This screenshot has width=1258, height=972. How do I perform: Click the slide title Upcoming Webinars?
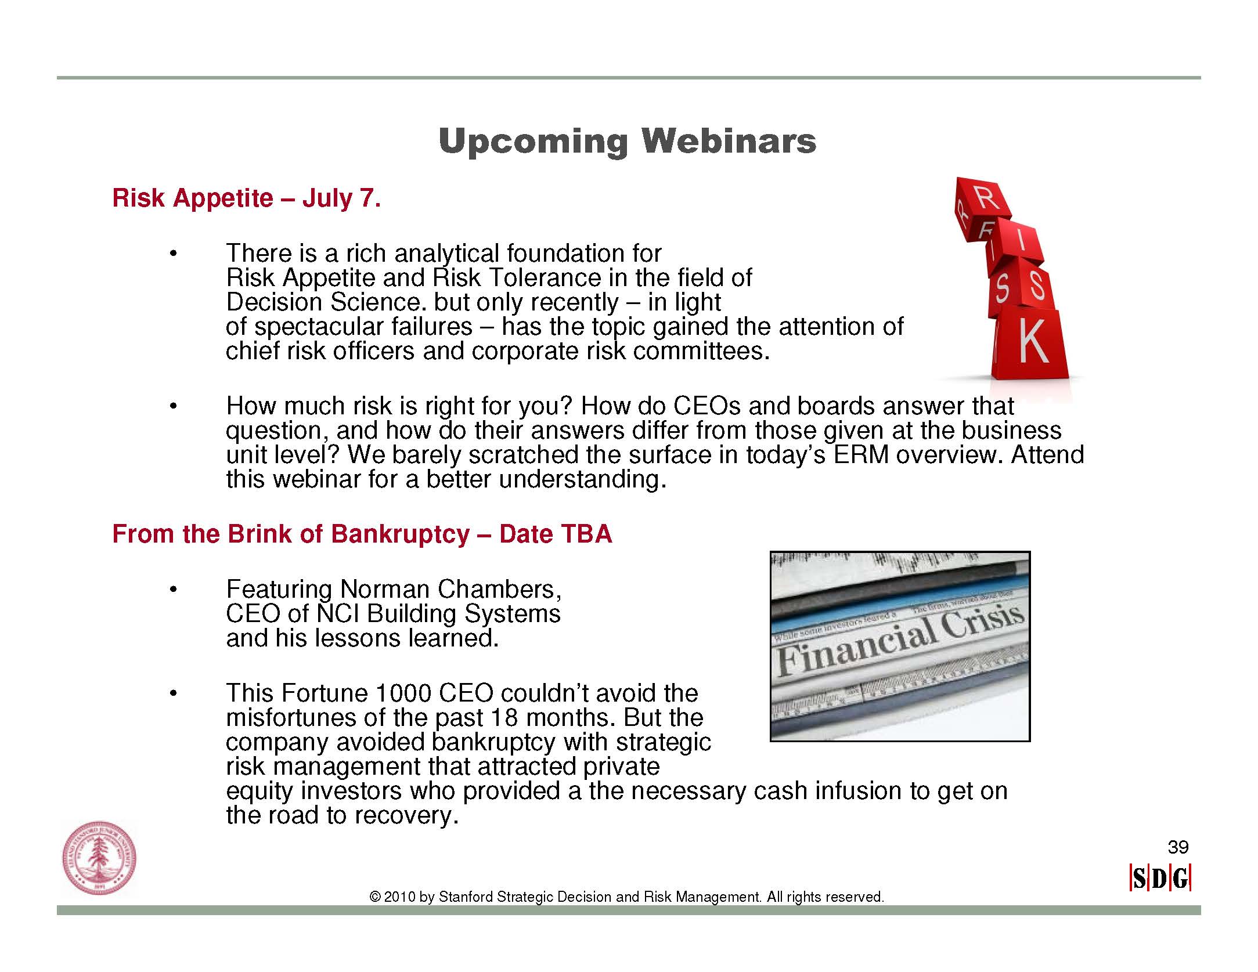pyautogui.click(x=628, y=141)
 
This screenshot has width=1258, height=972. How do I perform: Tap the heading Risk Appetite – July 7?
pyautogui.click(x=247, y=198)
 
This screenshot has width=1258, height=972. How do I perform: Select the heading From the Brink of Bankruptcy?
pyautogui.click(x=291, y=534)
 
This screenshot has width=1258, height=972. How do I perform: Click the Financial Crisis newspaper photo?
pyautogui.click(x=900, y=646)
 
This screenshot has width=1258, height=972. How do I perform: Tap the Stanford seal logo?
pyautogui.click(x=99, y=858)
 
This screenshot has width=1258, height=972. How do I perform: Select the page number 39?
pyautogui.click(x=1178, y=847)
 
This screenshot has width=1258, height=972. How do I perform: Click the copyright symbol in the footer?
pyautogui.click(x=375, y=897)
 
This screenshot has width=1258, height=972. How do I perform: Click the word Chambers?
pyautogui.click(x=500, y=590)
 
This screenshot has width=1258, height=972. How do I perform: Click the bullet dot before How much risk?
pyautogui.click(x=172, y=406)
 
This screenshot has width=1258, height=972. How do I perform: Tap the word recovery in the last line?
pyautogui.click(x=406, y=816)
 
